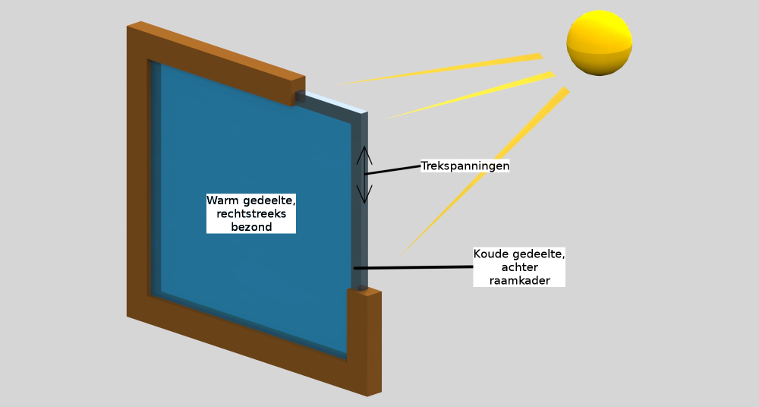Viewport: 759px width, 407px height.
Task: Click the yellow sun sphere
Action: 600,43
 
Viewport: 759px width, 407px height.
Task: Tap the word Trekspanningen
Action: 465,166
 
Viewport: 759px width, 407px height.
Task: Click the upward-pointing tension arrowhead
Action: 364,155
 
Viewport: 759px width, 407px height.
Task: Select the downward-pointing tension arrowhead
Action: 364,194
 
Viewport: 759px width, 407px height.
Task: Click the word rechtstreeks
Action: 251,213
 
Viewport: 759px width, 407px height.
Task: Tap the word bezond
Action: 251,227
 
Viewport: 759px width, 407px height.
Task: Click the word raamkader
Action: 519,280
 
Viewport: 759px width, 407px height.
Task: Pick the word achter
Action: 519,267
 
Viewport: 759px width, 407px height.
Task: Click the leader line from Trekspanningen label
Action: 392,169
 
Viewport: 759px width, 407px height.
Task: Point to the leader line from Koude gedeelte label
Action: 414,267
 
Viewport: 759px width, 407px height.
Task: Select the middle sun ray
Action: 470,96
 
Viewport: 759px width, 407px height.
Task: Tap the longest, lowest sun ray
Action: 484,171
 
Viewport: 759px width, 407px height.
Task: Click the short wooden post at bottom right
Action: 364,342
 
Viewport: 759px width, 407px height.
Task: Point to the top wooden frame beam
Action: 216,63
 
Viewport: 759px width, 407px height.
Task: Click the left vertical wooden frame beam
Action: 137,169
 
